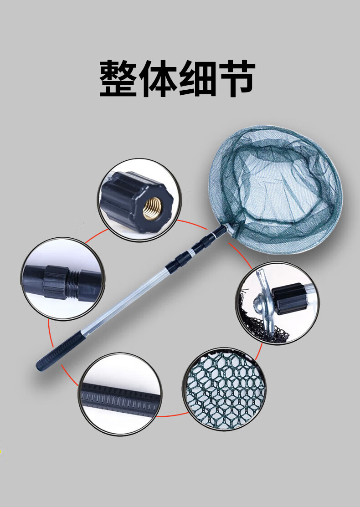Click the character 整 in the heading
118,78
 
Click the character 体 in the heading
158,78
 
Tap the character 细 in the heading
197,78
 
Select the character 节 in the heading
237,78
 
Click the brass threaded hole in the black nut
152,208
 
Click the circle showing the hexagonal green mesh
225,389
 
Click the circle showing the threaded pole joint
63,279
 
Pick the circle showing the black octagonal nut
139,200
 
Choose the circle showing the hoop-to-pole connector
278,303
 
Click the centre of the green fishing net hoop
275,189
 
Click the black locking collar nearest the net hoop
219,232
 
